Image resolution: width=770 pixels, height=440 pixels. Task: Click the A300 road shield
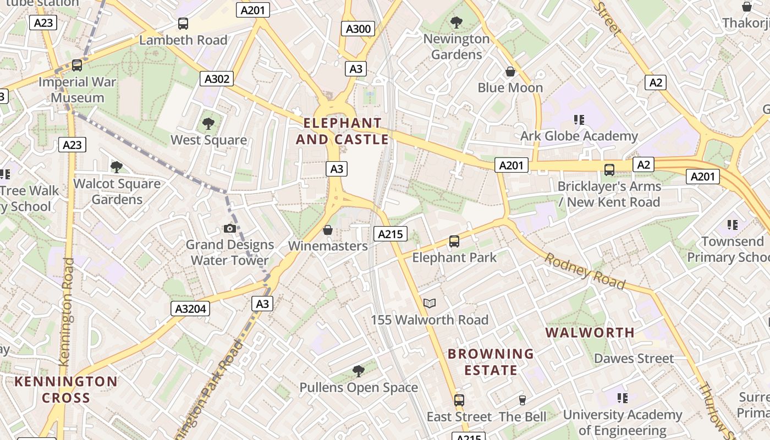(358, 29)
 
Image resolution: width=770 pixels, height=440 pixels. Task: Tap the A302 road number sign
(217, 79)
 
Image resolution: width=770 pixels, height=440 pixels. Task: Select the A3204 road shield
(190, 309)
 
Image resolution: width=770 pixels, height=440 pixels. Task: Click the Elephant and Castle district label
(342, 131)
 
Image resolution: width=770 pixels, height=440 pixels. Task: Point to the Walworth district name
(590, 332)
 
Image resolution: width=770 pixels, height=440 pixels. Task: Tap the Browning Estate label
(491, 361)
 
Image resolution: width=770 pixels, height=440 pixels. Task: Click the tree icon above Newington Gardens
(456, 23)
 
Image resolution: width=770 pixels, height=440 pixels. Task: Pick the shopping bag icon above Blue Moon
(510, 71)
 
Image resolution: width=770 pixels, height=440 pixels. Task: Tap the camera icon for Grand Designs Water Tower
(230, 228)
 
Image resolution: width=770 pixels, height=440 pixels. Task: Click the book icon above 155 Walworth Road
(430, 303)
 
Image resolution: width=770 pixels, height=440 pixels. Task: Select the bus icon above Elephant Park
(454, 241)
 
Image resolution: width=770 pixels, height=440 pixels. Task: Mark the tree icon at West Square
(208, 123)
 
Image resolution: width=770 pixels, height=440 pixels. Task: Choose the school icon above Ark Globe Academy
(579, 119)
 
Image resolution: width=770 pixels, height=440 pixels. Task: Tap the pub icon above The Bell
(522, 400)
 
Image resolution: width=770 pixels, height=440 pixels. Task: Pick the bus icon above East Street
(459, 400)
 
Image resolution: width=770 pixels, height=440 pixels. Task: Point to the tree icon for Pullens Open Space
(359, 371)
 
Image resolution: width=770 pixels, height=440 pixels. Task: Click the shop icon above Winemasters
(328, 229)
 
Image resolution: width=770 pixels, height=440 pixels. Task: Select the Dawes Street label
(634, 359)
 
